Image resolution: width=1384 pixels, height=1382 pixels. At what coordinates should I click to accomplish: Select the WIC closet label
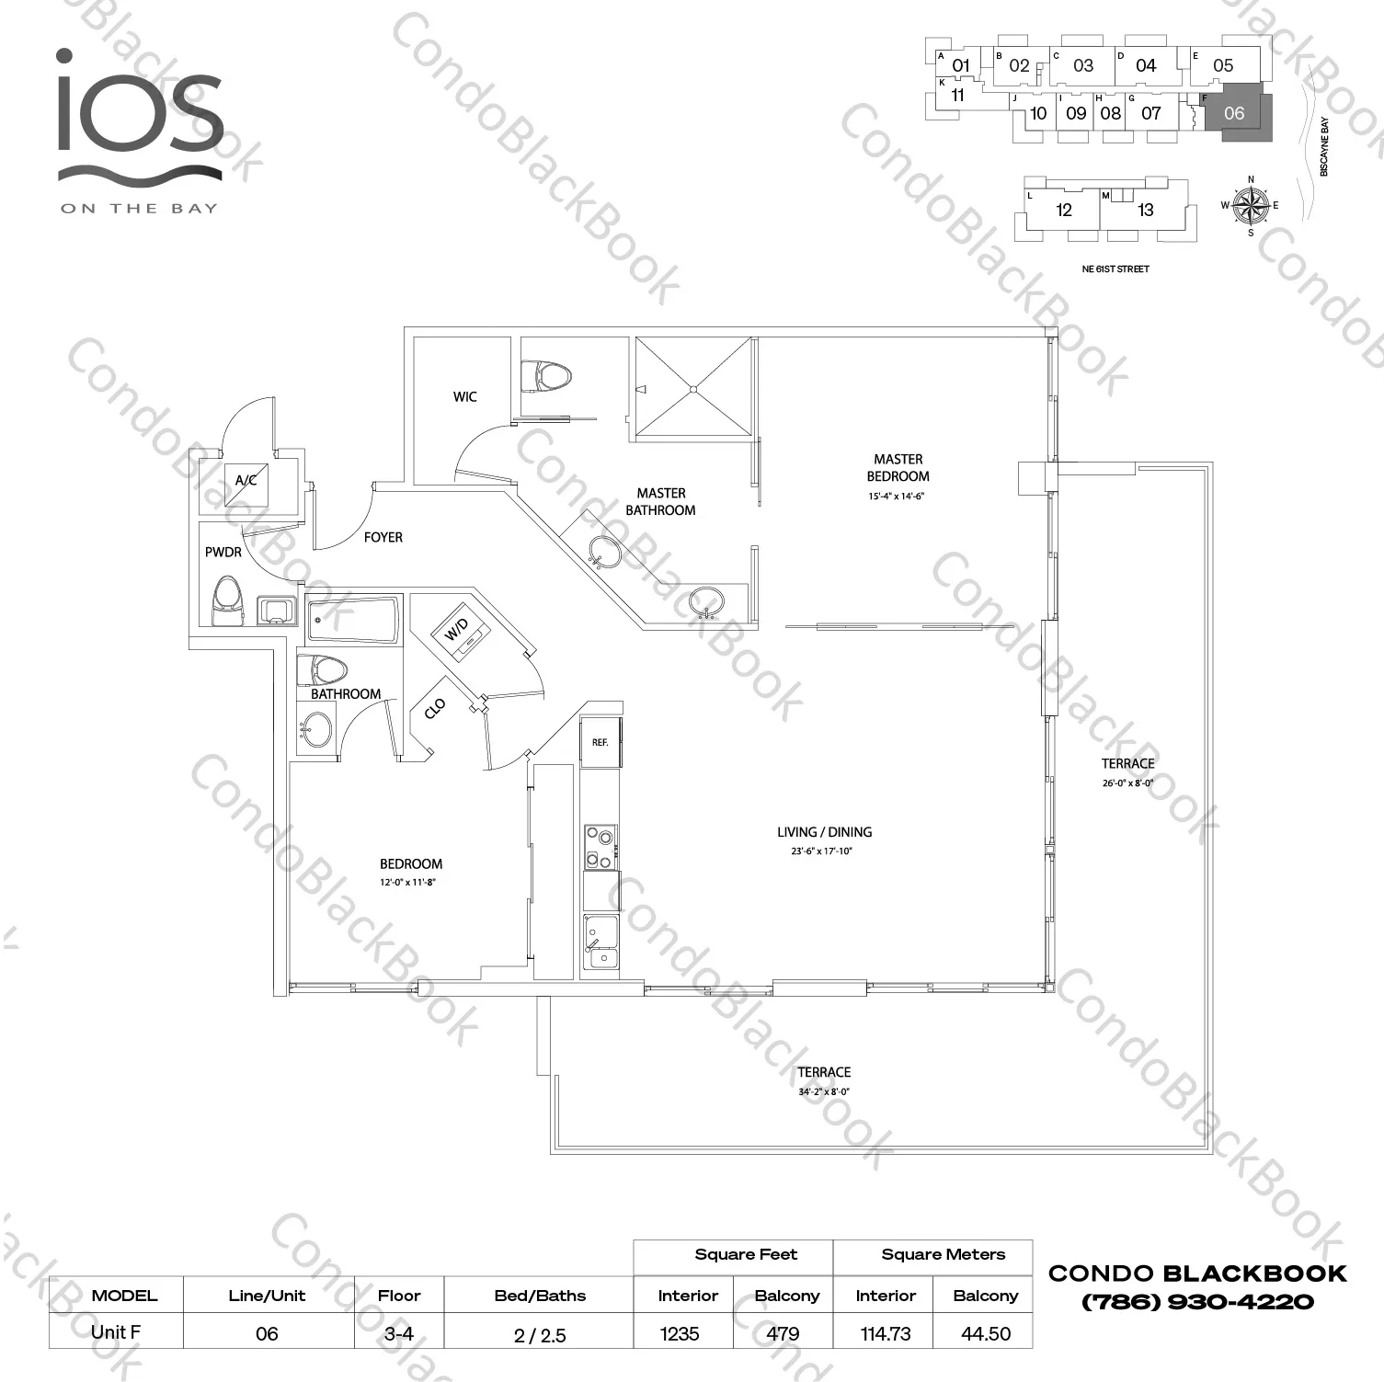(x=465, y=396)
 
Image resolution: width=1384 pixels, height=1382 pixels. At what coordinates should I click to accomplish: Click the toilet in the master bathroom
(x=546, y=376)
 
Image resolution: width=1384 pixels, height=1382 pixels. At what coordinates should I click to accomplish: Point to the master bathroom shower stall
(x=694, y=388)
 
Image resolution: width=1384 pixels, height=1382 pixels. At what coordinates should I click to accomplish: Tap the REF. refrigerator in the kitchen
(x=600, y=742)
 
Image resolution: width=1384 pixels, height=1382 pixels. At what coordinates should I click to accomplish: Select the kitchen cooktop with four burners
(x=600, y=847)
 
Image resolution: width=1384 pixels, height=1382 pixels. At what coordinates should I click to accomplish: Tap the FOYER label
(x=383, y=537)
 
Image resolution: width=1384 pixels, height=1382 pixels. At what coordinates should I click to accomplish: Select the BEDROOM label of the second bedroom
(x=411, y=863)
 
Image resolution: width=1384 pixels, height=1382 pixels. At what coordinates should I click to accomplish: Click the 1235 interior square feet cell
(x=680, y=1333)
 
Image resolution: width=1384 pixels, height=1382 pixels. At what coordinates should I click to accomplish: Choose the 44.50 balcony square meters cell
(x=986, y=1333)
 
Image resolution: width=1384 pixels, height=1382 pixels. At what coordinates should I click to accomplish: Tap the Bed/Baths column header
(x=540, y=1296)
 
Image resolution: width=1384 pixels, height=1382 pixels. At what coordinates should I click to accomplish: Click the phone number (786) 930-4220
(x=1197, y=1302)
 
